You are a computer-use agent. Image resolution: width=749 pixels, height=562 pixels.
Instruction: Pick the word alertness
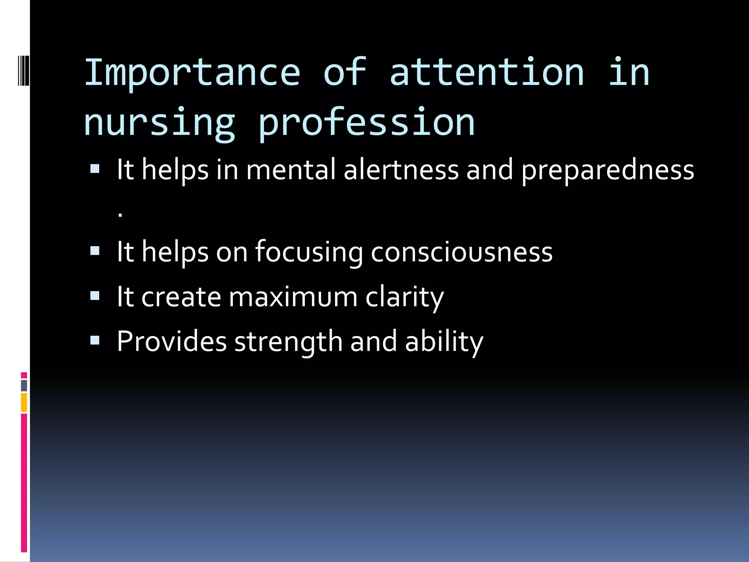coord(401,170)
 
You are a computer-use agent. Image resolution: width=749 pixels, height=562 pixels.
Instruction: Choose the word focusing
coord(309,252)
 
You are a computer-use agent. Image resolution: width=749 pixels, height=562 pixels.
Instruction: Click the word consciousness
coord(462,252)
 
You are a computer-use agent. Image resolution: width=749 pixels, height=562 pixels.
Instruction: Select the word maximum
coord(293,297)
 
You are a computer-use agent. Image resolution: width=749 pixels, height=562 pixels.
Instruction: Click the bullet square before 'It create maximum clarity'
coord(95,296)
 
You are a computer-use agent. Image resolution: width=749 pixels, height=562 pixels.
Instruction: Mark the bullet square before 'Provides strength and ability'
coord(95,341)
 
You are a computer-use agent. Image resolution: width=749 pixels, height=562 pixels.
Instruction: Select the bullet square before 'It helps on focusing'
coord(95,251)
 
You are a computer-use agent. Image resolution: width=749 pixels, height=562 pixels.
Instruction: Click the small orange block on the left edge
coord(24,402)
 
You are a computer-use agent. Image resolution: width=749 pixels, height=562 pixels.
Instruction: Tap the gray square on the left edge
coord(24,386)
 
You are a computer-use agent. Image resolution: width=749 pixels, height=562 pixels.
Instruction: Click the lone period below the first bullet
coord(120,216)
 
